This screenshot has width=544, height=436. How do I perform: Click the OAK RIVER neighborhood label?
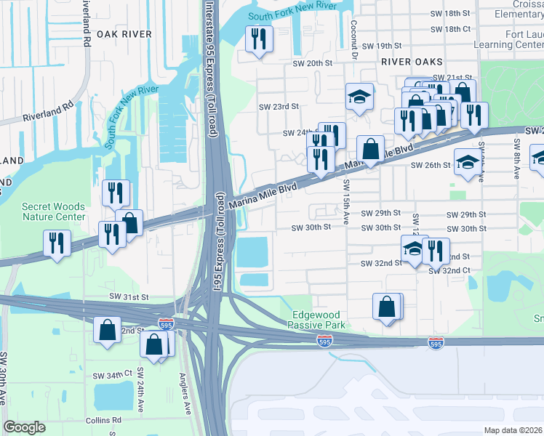(124, 34)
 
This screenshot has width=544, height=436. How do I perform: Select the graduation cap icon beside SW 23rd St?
(359, 97)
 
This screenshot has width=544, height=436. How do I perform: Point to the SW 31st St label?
(129, 297)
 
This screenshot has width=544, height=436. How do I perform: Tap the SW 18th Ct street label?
(451, 29)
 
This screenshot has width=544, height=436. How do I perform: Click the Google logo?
(25, 428)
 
